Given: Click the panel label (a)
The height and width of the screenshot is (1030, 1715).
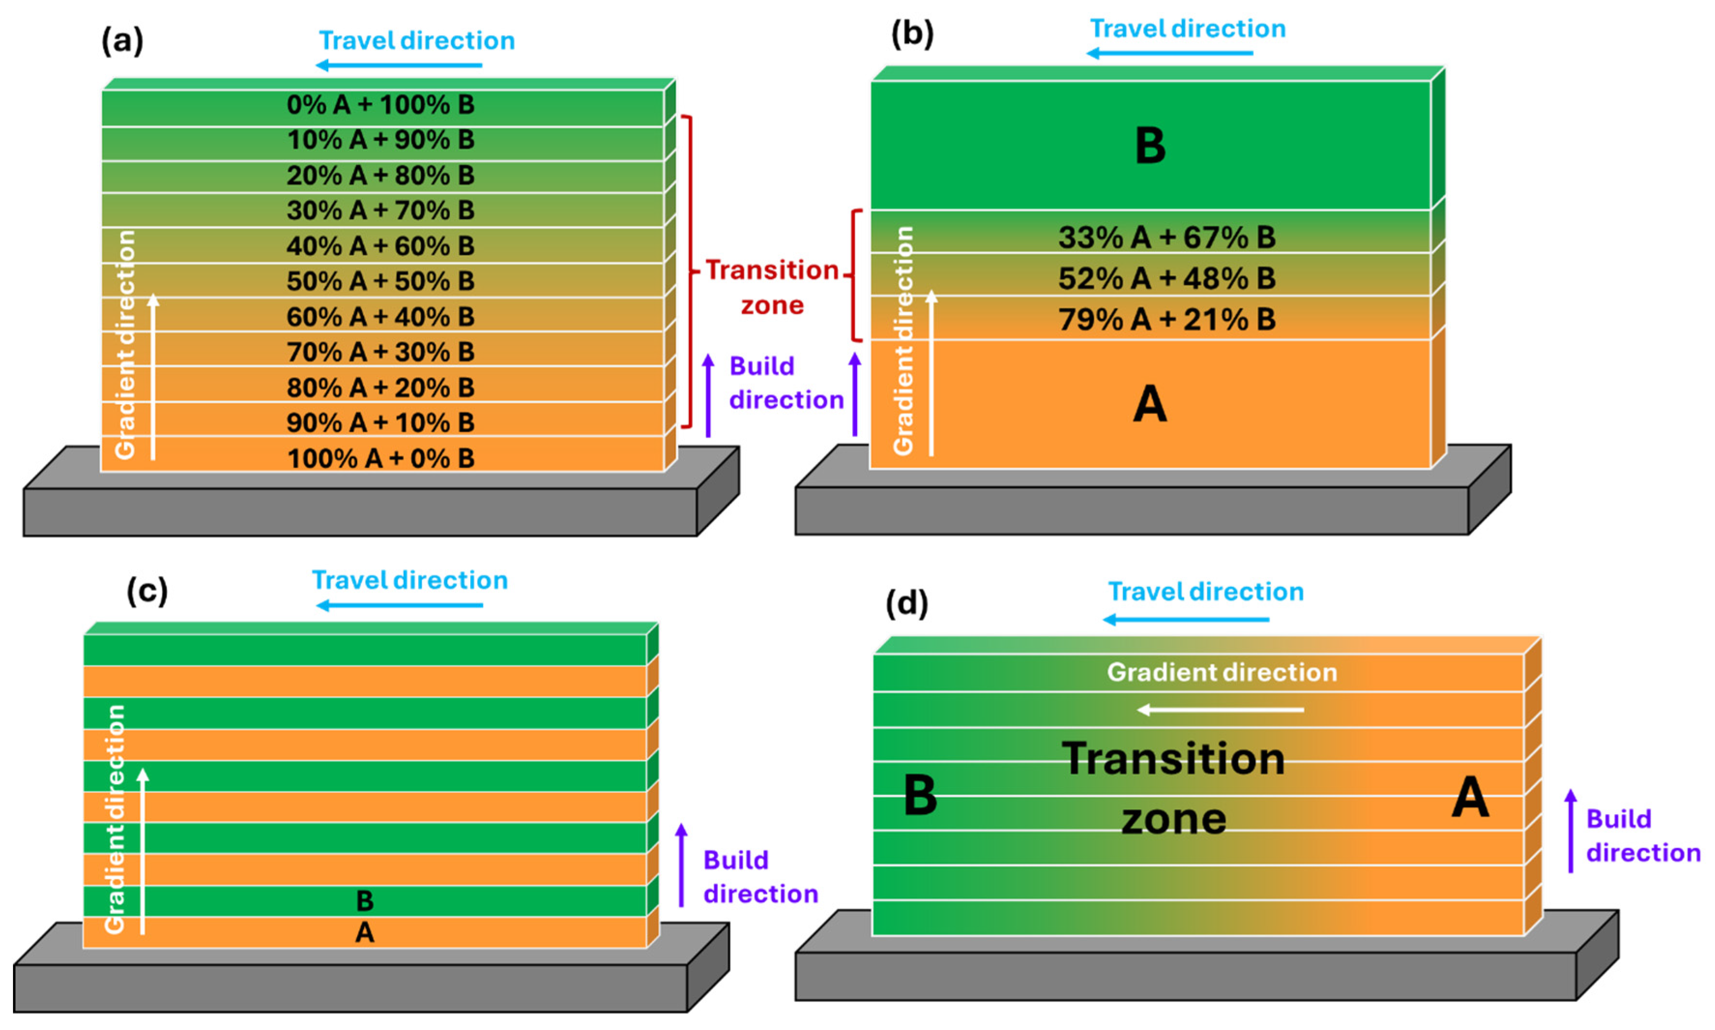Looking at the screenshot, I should click(122, 41).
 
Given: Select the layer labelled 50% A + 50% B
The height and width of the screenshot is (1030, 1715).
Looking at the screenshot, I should click(380, 281).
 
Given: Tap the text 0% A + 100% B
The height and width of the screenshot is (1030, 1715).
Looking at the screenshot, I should click(380, 105).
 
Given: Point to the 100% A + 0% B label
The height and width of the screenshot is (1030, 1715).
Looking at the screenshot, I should click(380, 458).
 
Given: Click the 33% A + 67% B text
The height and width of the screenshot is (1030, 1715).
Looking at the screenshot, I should click(1166, 237).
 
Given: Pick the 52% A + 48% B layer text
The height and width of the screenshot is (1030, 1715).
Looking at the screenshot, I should click(1166, 279).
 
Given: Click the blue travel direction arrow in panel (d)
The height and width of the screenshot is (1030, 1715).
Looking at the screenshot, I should click(1186, 619).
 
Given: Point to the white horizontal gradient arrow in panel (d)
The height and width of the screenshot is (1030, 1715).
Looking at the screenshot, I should click(1221, 709).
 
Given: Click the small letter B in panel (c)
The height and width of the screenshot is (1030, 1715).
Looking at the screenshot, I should click(364, 901).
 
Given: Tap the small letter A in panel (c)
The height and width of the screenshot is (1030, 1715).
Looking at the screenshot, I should click(364, 932).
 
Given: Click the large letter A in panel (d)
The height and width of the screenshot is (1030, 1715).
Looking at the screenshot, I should click(1470, 797).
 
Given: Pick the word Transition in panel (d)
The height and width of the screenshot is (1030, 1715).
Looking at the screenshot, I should click(1173, 759).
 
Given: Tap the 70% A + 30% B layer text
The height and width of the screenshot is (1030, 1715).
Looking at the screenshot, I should click(380, 352).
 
